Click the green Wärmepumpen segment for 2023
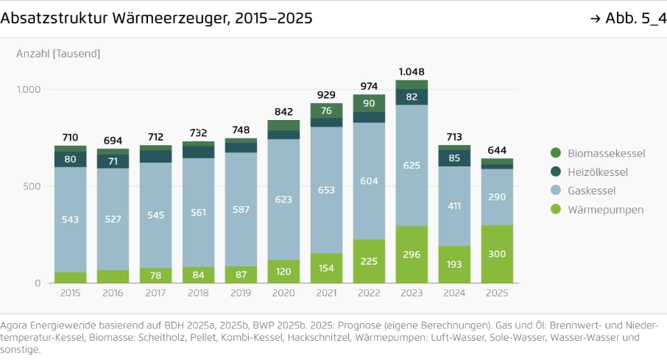point(412,255)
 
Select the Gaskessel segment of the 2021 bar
point(326,190)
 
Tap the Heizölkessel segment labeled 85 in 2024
point(454,158)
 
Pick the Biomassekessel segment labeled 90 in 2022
point(369,103)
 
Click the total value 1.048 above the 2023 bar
point(412,72)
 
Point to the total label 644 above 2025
point(497,150)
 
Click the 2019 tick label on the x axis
point(241,293)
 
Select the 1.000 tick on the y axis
point(29,89)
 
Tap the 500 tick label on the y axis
point(32,186)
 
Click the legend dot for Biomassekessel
point(556,153)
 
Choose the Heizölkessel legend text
point(598,172)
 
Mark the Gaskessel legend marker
point(556,190)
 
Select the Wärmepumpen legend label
point(605,209)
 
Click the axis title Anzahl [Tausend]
point(58,54)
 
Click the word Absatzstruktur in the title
point(54,18)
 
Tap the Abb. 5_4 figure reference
point(628,18)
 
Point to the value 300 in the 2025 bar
point(497,254)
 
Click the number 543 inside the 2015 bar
point(70,219)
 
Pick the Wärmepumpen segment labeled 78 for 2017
point(155,275)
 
